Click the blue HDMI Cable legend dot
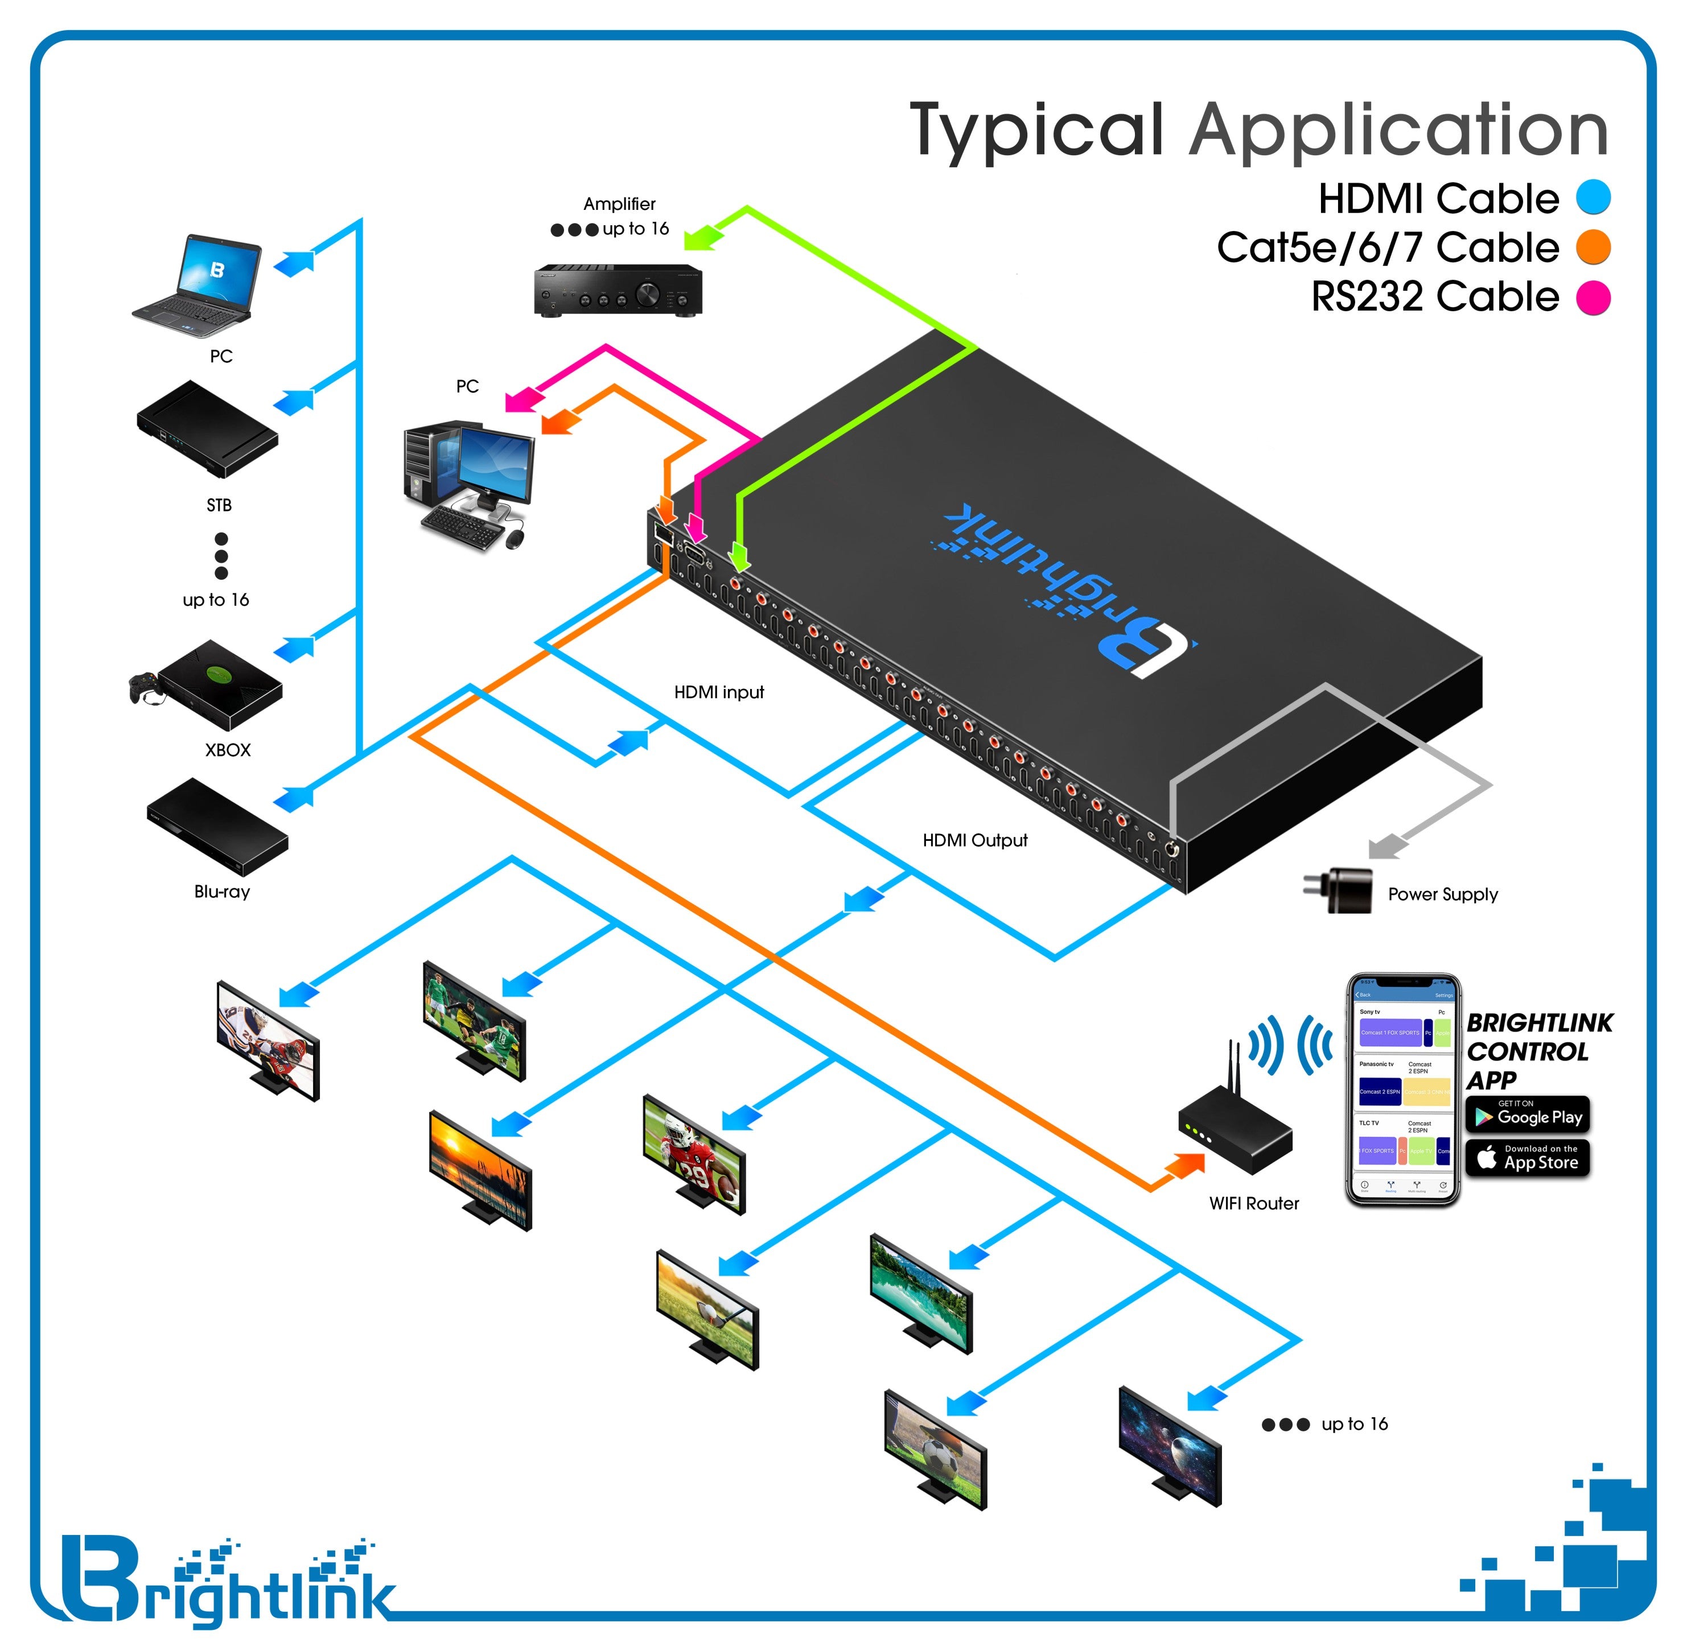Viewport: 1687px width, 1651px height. click(x=1593, y=197)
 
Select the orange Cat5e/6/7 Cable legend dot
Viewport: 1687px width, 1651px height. click(x=1593, y=246)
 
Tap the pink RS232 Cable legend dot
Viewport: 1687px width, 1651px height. click(x=1593, y=298)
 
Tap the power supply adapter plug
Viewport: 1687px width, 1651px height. click(x=1338, y=890)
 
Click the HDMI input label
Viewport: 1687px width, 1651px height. click(x=719, y=692)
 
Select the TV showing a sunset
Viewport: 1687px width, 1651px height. click(x=480, y=1168)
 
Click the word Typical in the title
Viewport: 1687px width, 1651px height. click(x=1036, y=130)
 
